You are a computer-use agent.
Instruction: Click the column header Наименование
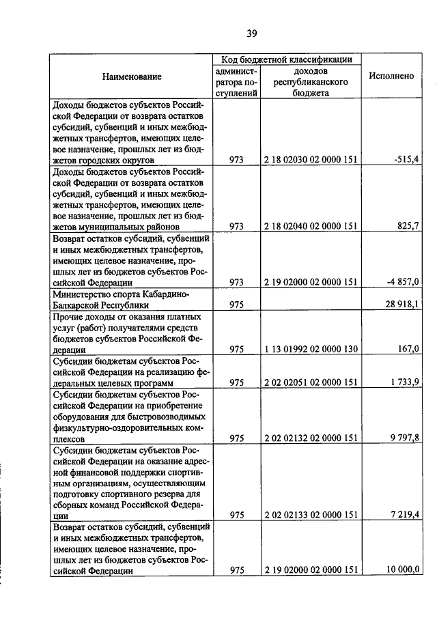[x=132, y=76]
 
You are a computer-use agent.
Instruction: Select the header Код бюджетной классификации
[x=286, y=60]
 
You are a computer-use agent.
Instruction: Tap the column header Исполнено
[x=391, y=76]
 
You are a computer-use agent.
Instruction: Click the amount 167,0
[x=408, y=348]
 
